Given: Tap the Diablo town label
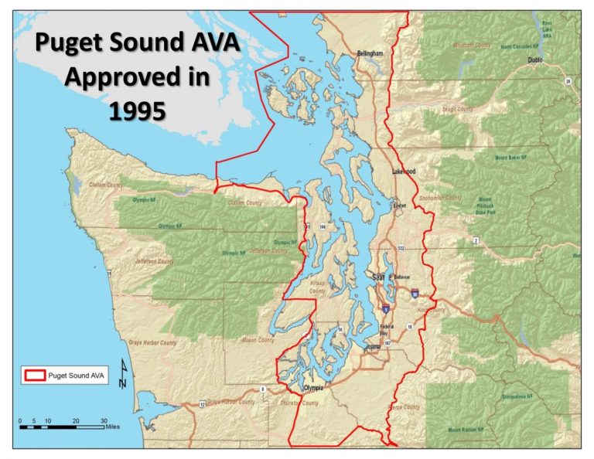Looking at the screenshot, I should (x=534, y=59).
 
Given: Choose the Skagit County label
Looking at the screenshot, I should (x=456, y=110).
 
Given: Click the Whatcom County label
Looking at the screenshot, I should (x=471, y=46).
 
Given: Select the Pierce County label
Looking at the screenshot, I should (x=404, y=407).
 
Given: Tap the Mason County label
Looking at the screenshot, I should (x=256, y=340).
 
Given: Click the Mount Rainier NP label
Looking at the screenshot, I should (x=465, y=430).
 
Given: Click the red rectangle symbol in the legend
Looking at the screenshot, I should (x=33, y=376).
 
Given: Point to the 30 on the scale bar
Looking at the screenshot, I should (x=104, y=420).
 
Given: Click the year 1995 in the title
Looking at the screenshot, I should (x=137, y=110).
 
